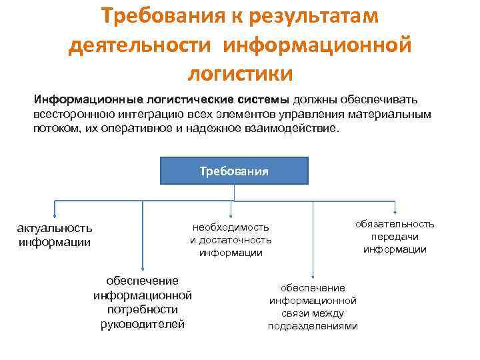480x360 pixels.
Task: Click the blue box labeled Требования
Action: coord(234,171)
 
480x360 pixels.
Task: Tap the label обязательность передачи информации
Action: coord(395,237)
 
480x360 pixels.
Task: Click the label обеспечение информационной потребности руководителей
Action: coord(143,302)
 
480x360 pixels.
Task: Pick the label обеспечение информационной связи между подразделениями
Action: coord(313,307)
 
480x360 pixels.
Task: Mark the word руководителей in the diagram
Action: coord(143,324)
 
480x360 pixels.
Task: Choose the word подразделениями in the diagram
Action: coord(313,326)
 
